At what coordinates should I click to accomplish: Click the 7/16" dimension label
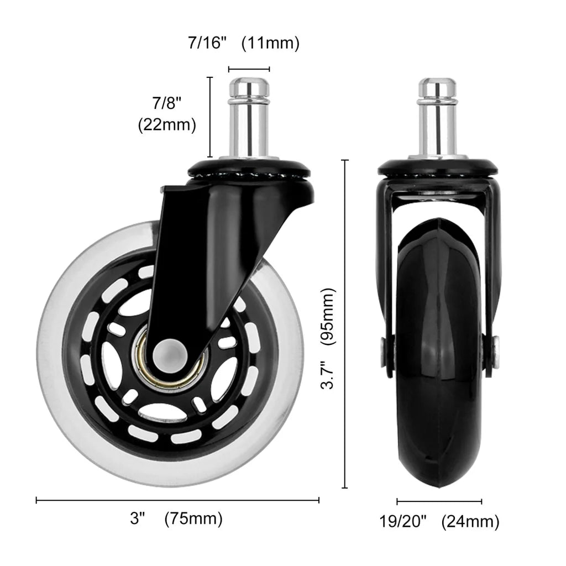pos(207,43)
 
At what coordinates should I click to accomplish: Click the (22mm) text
pos(167,125)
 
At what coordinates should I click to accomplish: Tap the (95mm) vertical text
pos(328,316)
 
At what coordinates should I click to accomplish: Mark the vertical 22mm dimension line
pos(209,117)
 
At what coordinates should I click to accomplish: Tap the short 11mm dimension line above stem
pos(249,69)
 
